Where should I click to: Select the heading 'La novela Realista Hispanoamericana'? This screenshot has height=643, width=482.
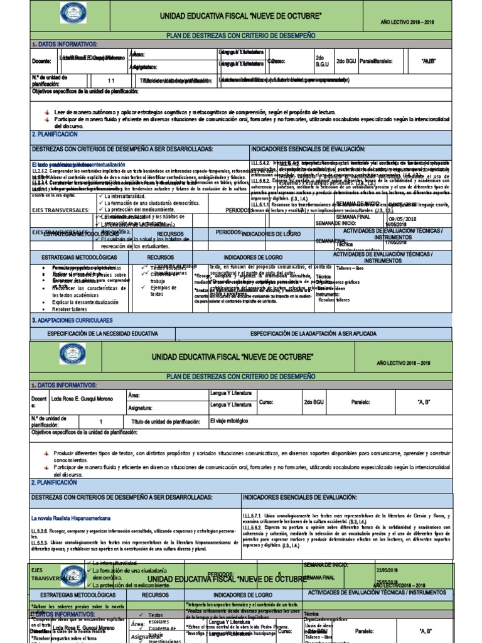click(x=71, y=518)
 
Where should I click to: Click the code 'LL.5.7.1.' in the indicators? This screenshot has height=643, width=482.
click(x=255, y=516)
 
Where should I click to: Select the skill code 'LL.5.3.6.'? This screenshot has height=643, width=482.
click(x=41, y=531)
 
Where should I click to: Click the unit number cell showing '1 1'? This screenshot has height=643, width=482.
click(x=111, y=80)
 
